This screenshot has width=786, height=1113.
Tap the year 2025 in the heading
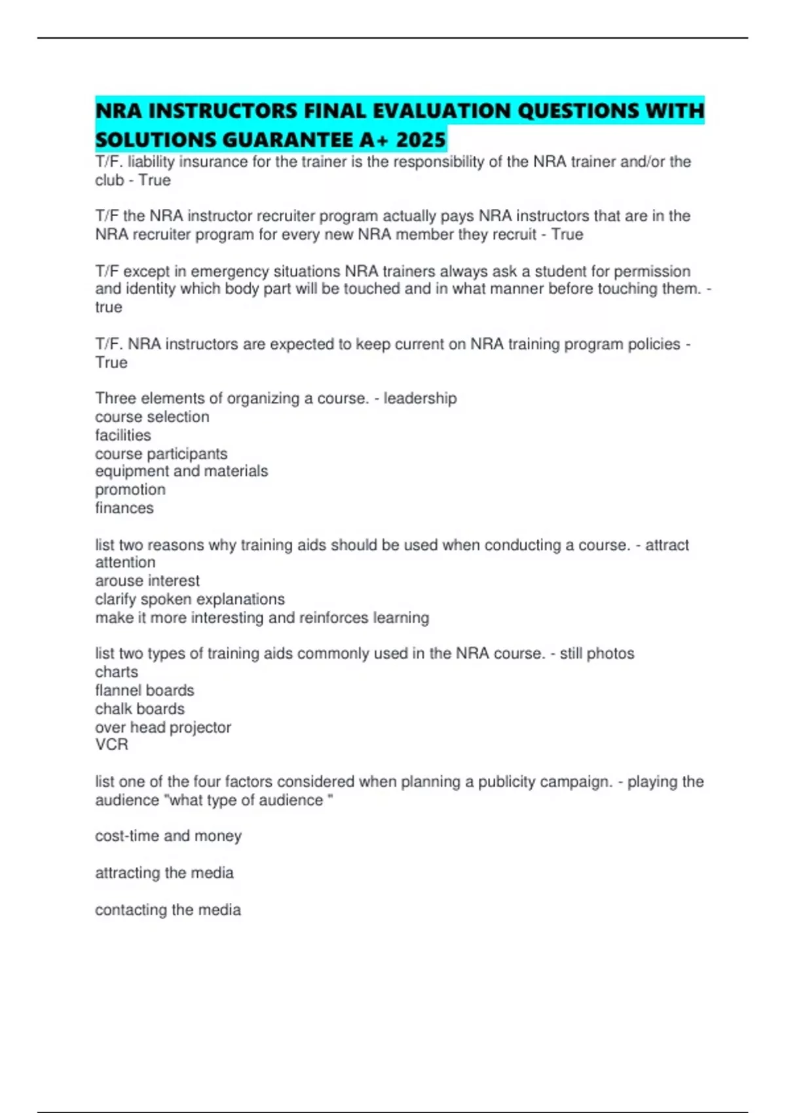point(421,139)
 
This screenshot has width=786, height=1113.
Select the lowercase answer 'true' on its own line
point(109,307)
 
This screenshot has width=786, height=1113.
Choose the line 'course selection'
point(152,416)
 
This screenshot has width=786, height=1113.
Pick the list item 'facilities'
point(123,435)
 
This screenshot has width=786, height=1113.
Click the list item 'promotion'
point(130,490)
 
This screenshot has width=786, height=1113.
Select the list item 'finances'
point(124,508)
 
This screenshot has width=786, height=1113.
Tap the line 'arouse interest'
point(147,581)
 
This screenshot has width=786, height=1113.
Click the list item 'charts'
point(117,672)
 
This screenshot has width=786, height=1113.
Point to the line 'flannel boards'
point(145,690)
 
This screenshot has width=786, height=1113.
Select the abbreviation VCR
point(112,744)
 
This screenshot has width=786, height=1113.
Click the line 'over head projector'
point(163,727)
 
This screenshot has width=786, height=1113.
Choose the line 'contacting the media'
point(168,909)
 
